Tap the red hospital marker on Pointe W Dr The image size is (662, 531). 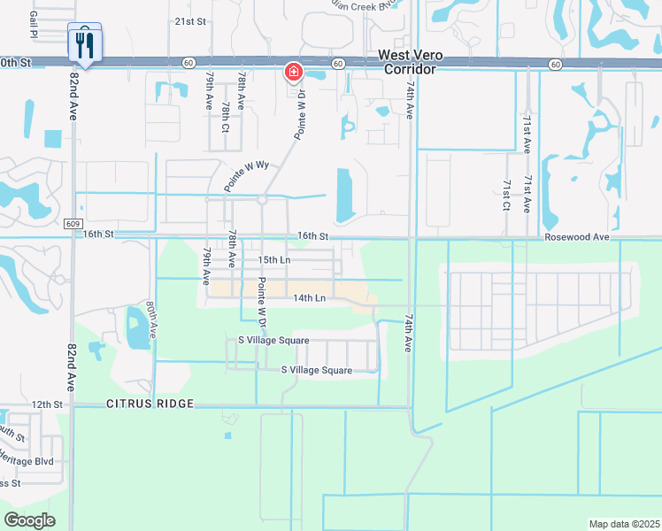coord(293,71)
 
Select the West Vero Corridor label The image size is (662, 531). coord(410,61)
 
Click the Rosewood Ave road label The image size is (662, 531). coord(577,237)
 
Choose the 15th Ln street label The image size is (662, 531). coord(274,260)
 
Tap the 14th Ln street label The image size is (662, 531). coord(311,298)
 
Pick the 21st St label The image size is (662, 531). coord(189,20)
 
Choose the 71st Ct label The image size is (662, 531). coord(506,195)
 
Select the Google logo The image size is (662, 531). coord(29,520)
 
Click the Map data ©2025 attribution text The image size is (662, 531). coord(623,524)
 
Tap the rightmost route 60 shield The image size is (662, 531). coord(554,64)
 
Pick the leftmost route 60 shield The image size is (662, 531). coord(189,64)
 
